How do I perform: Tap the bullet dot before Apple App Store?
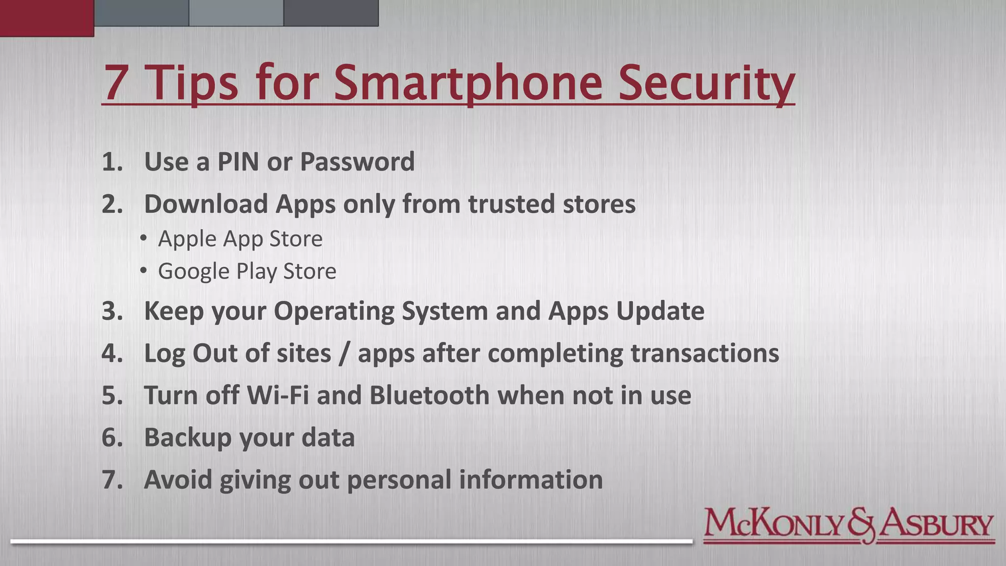point(143,239)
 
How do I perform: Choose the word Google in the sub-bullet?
point(193,271)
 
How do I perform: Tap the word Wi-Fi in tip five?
point(278,396)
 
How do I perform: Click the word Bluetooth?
point(429,396)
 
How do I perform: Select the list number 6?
point(112,437)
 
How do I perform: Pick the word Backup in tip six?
point(187,437)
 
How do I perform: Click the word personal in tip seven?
point(399,480)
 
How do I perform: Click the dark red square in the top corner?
point(47,18)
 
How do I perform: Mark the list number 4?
point(112,353)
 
